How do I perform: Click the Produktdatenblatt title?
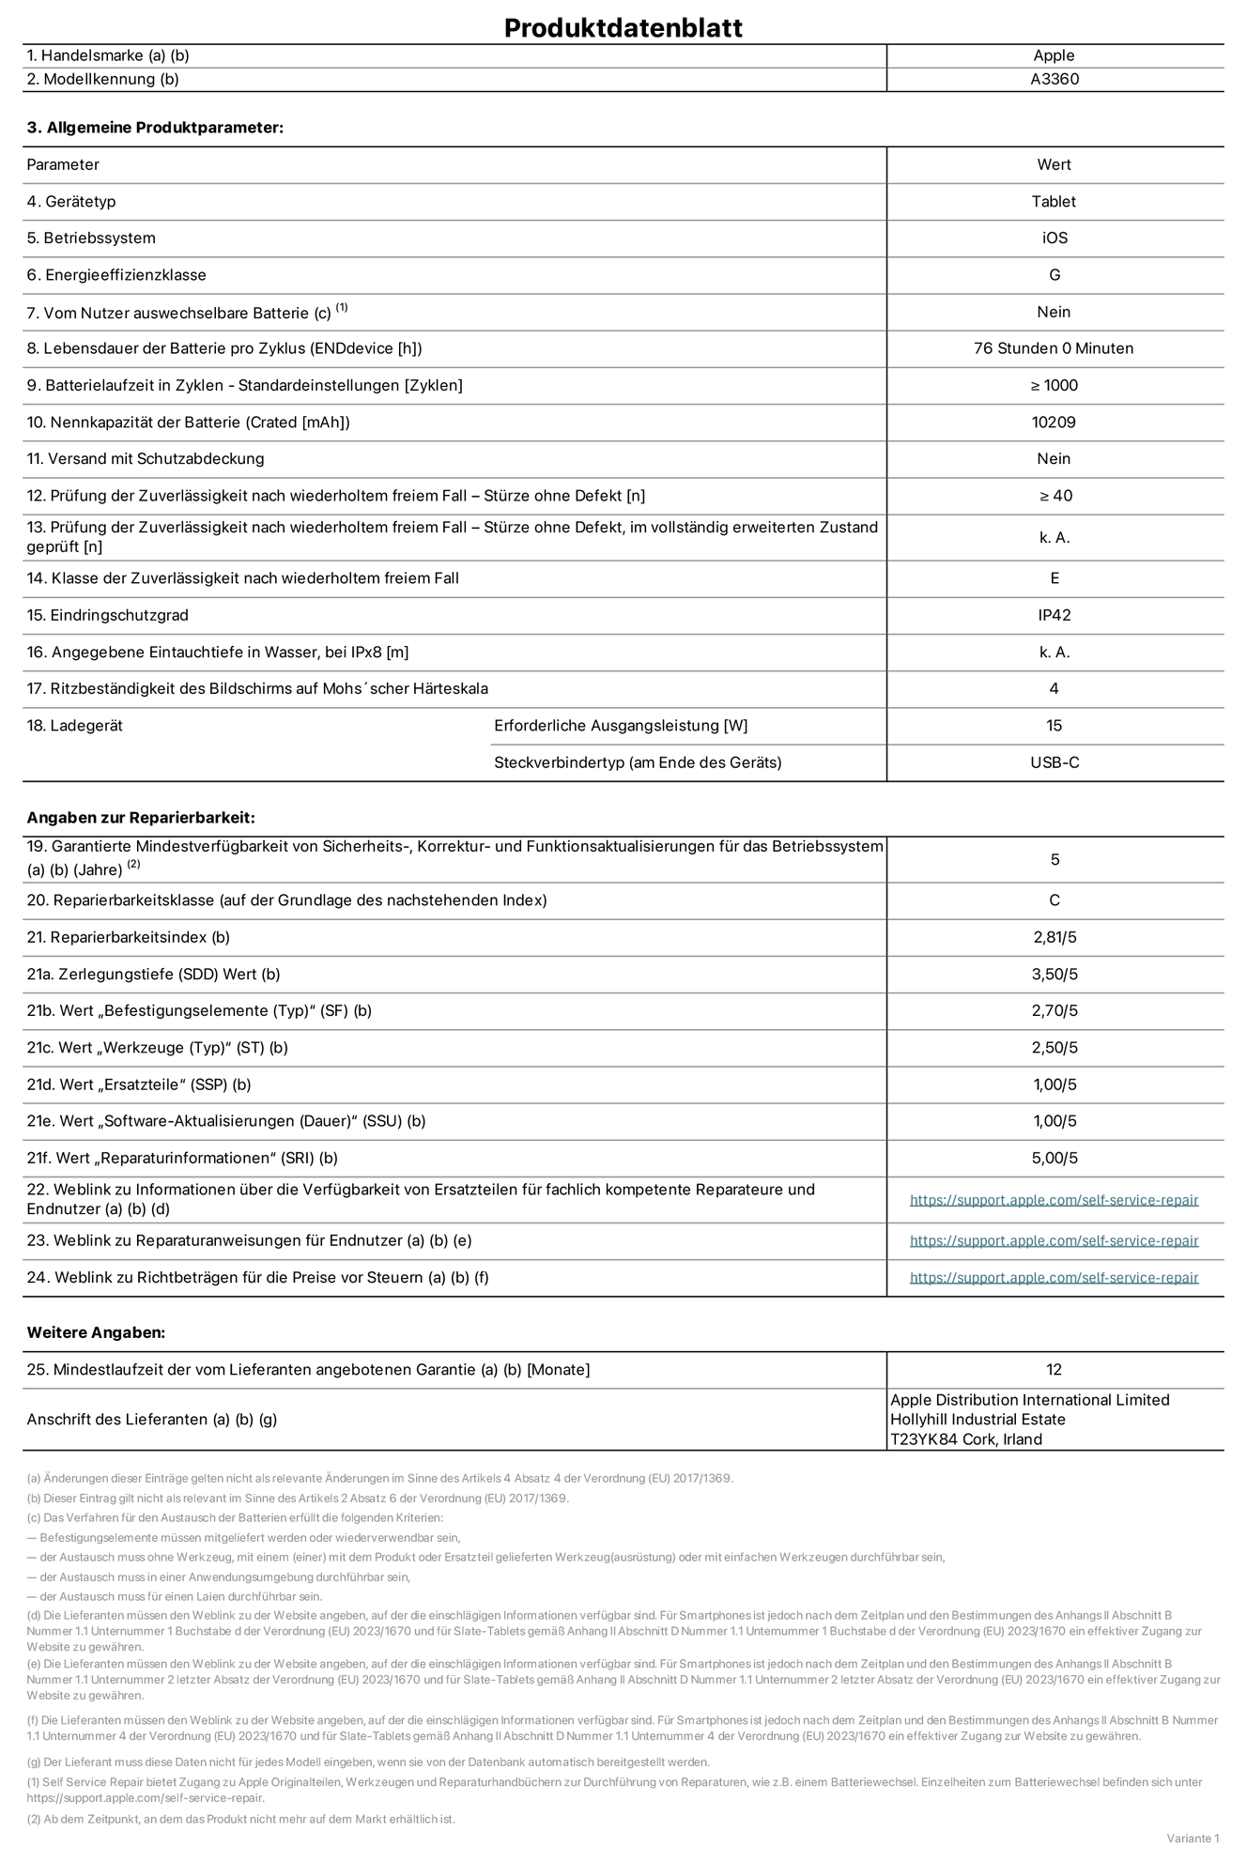point(623,27)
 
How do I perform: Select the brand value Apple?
point(1054,55)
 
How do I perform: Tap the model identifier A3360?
point(1054,79)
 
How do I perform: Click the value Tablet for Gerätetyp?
point(1054,201)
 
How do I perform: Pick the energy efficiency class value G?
point(1054,275)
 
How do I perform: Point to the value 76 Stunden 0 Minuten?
point(1054,348)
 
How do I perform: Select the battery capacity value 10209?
point(1054,422)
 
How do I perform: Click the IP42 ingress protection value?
point(1054,615)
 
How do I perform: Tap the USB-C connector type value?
point(1054,762)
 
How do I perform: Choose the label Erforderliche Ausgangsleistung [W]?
point(621,726)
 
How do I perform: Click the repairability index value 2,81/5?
point(1054,937)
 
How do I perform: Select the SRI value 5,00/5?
point(1054,1158)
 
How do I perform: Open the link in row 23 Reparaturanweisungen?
point(1054,1240)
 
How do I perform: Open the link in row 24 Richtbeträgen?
point(1054,1277)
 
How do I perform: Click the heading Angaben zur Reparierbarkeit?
point(141,818)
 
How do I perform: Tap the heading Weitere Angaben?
point(96,1332)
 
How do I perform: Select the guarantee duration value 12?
point(1054,1369)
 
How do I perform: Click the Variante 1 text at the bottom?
point(1193,1838)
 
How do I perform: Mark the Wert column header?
point(1054,164)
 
